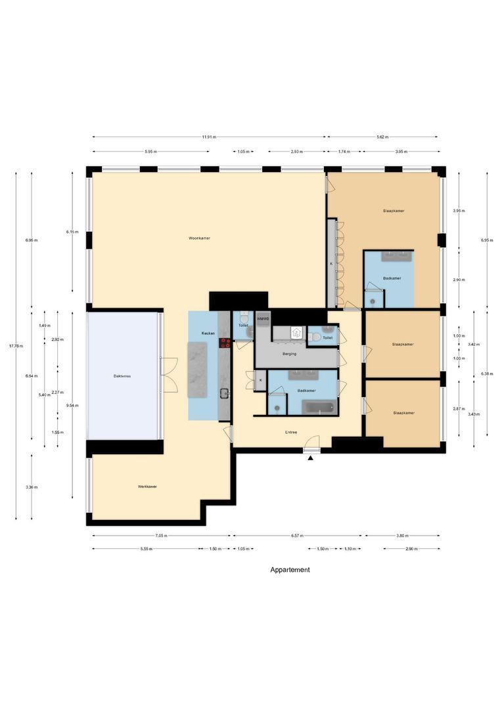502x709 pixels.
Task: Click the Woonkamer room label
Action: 198,238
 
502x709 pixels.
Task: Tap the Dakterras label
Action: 122,376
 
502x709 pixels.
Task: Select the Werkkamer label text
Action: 147,486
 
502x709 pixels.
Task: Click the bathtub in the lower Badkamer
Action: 319,407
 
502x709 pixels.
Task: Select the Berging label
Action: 289,354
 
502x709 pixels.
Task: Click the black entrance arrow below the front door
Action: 311,458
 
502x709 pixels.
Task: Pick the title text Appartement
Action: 290,570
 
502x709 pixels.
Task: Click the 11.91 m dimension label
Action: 209,137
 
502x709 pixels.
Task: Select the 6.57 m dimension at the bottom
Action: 296,536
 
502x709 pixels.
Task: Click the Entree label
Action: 291,432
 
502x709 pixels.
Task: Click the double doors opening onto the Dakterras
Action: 170,375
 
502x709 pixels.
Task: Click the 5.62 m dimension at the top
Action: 382,137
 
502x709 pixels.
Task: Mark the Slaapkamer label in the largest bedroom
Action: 393,211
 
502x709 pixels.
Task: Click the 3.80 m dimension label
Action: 402,536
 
